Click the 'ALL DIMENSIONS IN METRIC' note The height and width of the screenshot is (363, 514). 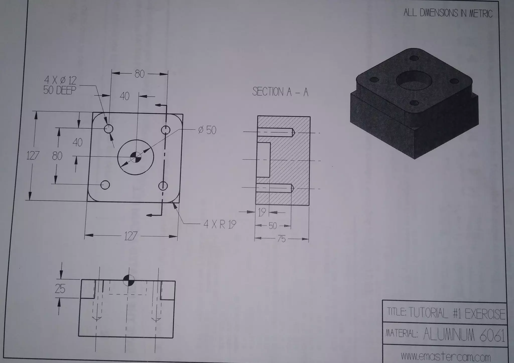point(448,13)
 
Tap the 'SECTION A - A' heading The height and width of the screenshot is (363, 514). point(280,92)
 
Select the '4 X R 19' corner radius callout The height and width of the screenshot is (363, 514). point(220,224)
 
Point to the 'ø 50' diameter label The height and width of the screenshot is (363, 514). point(207,130)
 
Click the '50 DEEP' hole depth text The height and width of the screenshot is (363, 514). point(60,90)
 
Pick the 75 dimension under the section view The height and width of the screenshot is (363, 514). point(282,239)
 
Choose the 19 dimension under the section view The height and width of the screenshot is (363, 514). point(262,212)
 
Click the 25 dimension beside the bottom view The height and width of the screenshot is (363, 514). point(60,289)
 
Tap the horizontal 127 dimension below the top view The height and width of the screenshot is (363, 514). point(131,236)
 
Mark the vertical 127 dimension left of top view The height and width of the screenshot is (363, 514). point(33,156)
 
